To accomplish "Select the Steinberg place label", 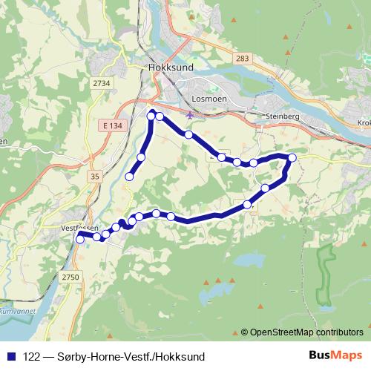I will point(282,116).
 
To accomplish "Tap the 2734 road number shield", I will point(102,83).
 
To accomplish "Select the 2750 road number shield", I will point(70,277).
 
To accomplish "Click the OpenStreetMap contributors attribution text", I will point(306,332).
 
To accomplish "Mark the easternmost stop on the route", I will point(292,157).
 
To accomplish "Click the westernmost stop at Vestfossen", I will point(80,239).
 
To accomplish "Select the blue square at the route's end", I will point(129,177).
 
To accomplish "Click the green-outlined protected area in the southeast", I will point(324,275).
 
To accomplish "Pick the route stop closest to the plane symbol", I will point(189,135).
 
